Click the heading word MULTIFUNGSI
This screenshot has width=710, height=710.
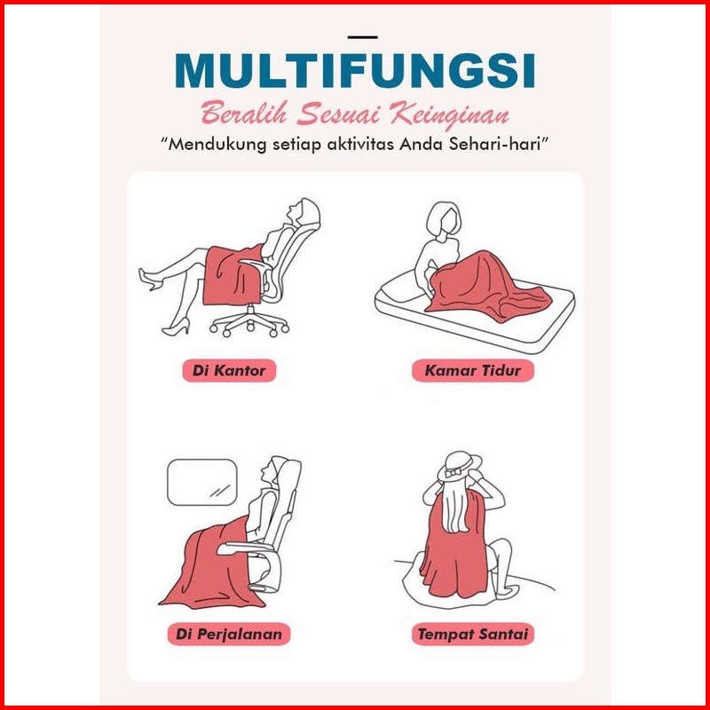tap(354, 71)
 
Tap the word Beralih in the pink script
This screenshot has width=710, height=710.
tap(244, 114)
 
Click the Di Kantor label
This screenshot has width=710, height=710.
tap(229, 370)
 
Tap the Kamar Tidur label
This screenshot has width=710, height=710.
tap(473, 370)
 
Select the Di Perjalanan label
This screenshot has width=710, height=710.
tap(229, 634)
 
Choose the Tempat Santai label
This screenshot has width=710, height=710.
tap(473, 634)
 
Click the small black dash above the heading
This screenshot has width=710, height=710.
tap(363, 37)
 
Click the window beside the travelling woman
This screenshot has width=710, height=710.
tap(202, 482)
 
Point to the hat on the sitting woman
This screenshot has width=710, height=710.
tap(459, 466)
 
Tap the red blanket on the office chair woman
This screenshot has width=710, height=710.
tap(232, 275)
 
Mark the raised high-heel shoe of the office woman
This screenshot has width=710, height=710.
tap(149, 279)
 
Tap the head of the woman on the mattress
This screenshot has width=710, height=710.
tap(444, 217)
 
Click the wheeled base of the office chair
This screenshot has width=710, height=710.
tap(249, 322)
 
